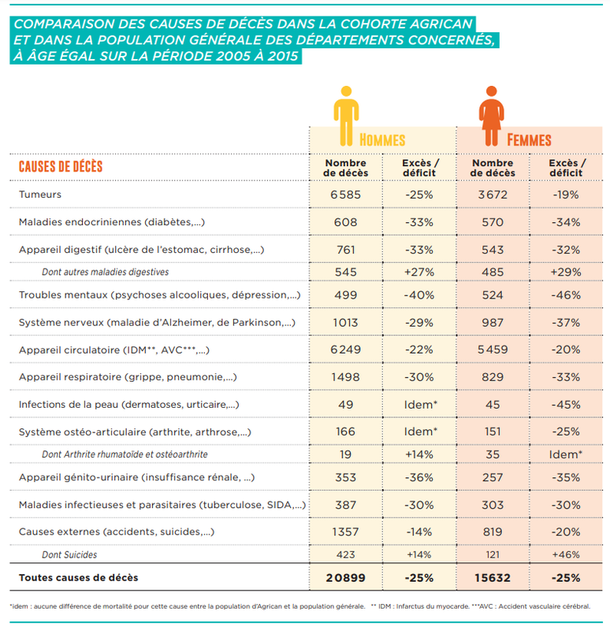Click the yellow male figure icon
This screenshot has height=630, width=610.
(x=346, y=115)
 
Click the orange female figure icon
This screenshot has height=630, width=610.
(x=492, y=115)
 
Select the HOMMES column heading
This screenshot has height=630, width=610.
(x=382, y=140)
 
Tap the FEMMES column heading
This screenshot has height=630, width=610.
(x=529, y=140)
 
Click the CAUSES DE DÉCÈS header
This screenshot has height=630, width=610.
(x=61, y=167)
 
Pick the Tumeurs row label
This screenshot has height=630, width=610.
(x=39, y=195)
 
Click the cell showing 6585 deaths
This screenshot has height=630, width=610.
(x=345, y=195)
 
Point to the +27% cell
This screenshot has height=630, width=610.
(x=418, y=272)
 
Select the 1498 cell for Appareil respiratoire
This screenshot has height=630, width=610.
(x=345, y=376)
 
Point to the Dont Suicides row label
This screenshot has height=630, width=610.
(x=69, y=555)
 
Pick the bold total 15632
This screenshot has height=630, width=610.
(x=492, y=578)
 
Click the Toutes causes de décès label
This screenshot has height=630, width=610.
(x=79, y=578)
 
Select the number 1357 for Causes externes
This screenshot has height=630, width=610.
(x=345, y=532)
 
